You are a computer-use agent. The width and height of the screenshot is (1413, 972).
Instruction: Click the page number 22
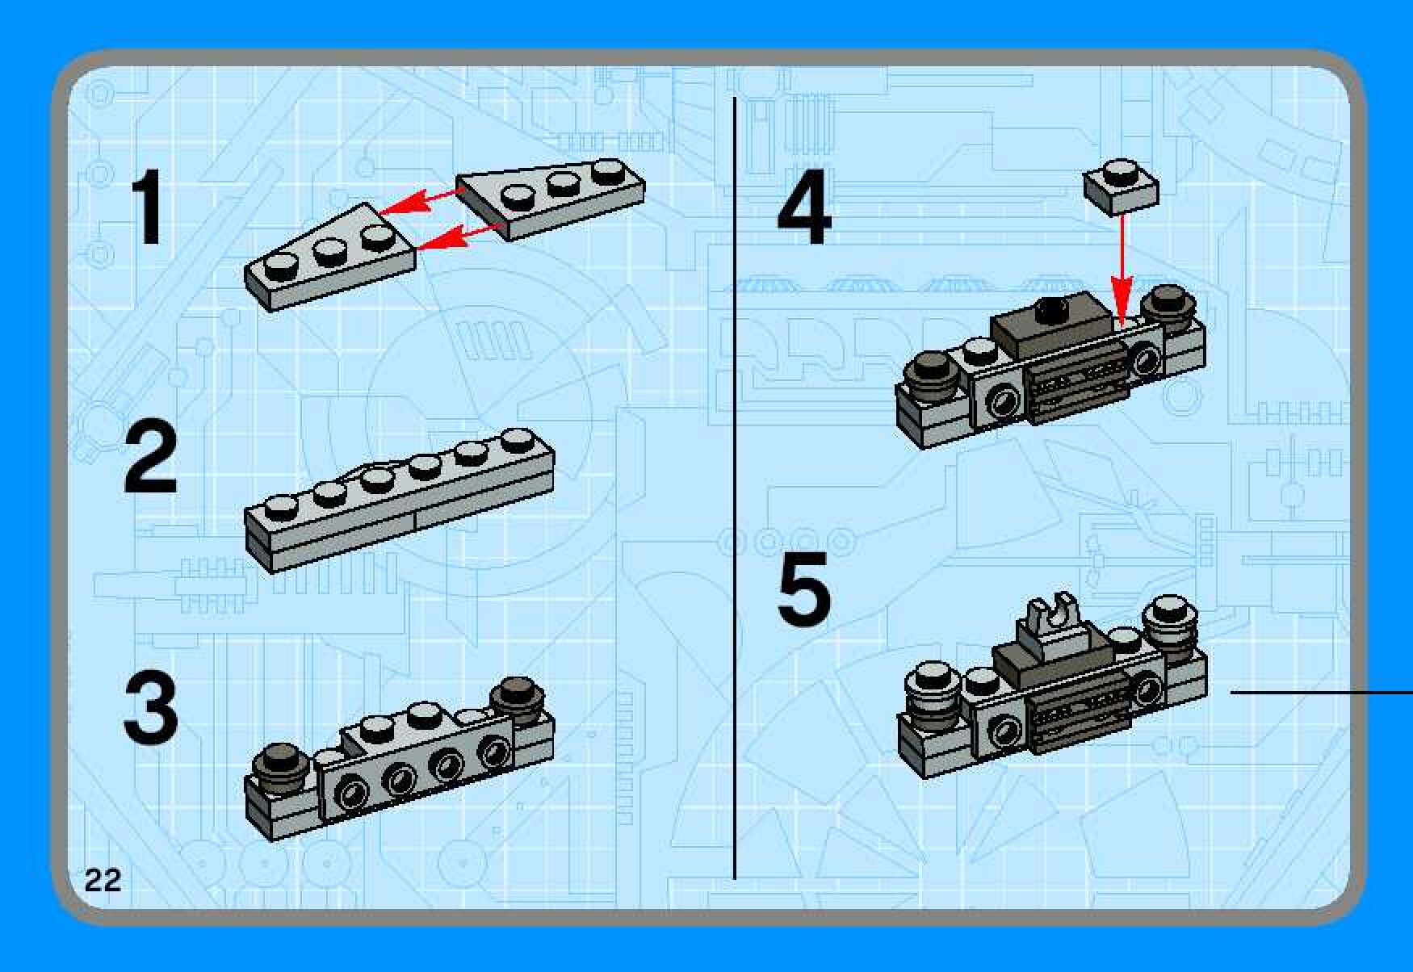pos(103,879)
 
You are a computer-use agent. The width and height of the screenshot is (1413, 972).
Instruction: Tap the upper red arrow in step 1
pos(421,201)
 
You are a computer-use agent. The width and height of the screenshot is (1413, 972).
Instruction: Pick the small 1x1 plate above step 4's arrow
pos(1121,186)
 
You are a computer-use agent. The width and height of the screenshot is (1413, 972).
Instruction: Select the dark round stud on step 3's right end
pos(522,696)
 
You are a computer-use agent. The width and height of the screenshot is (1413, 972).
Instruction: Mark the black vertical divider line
pos(735,488)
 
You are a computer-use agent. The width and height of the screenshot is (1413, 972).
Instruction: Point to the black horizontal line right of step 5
pos(1321,692)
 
